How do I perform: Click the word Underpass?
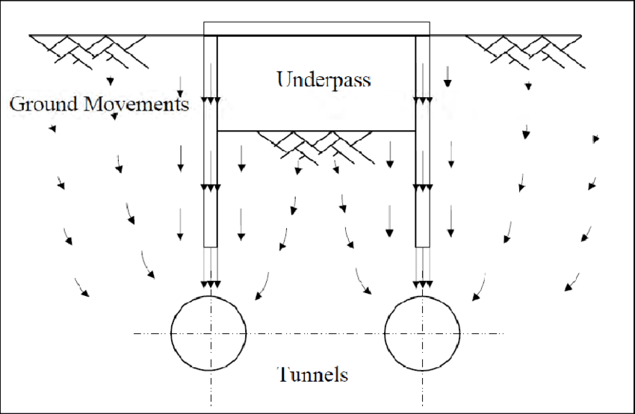tap(323, 79)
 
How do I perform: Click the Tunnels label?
tap(312, 374)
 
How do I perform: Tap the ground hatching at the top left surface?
tap(86, 48)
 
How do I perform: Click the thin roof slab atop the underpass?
tap(317, 28)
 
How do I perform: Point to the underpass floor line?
tap(317, 131)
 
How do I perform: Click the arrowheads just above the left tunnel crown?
tap(210, 284)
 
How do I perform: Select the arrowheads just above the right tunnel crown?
tap(423, 284)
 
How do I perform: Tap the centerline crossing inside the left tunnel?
tap(210, 333)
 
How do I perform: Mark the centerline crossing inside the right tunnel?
tap(423, 333)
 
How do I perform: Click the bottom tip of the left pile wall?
tap(211, 246)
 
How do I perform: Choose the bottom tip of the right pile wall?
tap(423, 246)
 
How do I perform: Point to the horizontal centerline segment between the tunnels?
tap(316, 333)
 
